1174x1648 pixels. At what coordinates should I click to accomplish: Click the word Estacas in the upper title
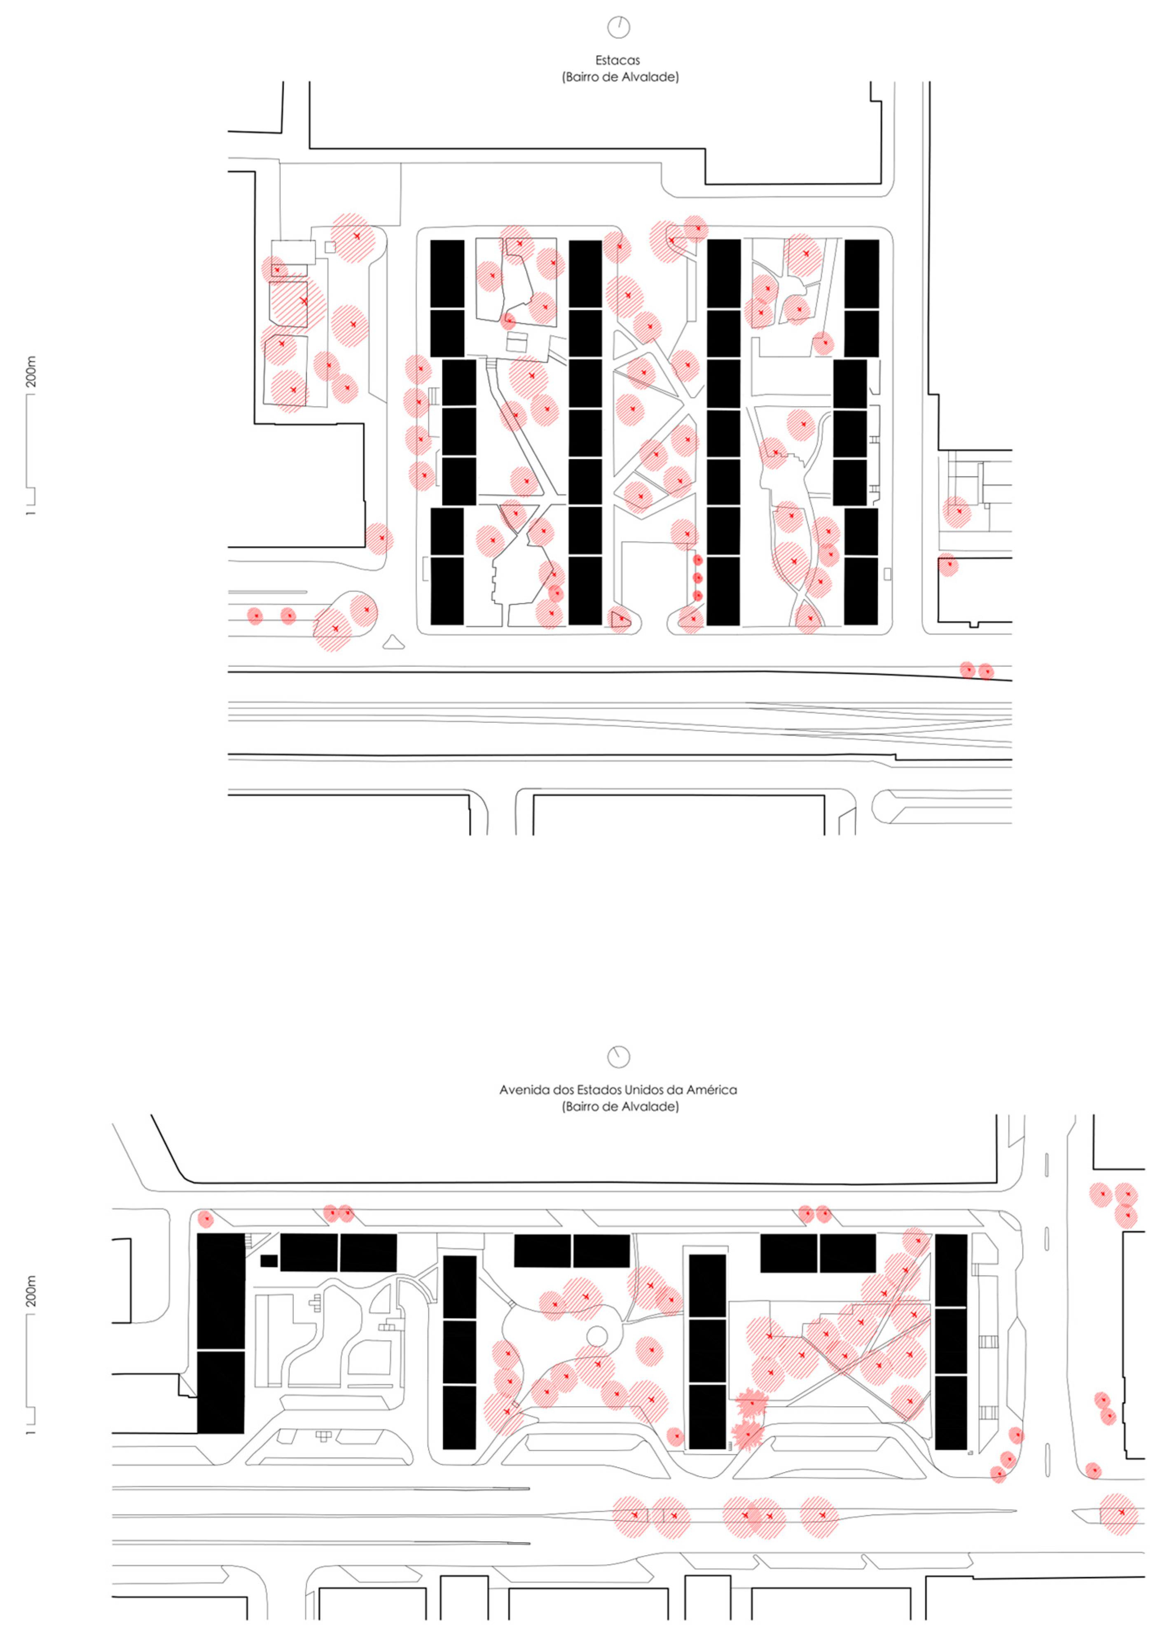(x=618, y=60)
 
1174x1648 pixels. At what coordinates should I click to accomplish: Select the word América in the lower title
(x=712, y=1089)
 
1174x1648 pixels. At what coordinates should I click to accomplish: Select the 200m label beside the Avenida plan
(x=31, y=1292)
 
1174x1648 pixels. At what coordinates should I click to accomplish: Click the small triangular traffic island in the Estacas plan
(x=393, y=642)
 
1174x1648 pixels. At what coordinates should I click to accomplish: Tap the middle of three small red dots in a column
(x=698, y=577)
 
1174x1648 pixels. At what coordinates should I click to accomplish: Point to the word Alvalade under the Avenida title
(x=653, y=1107)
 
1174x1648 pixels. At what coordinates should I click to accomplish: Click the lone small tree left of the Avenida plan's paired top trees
(x=206, y=1219)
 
